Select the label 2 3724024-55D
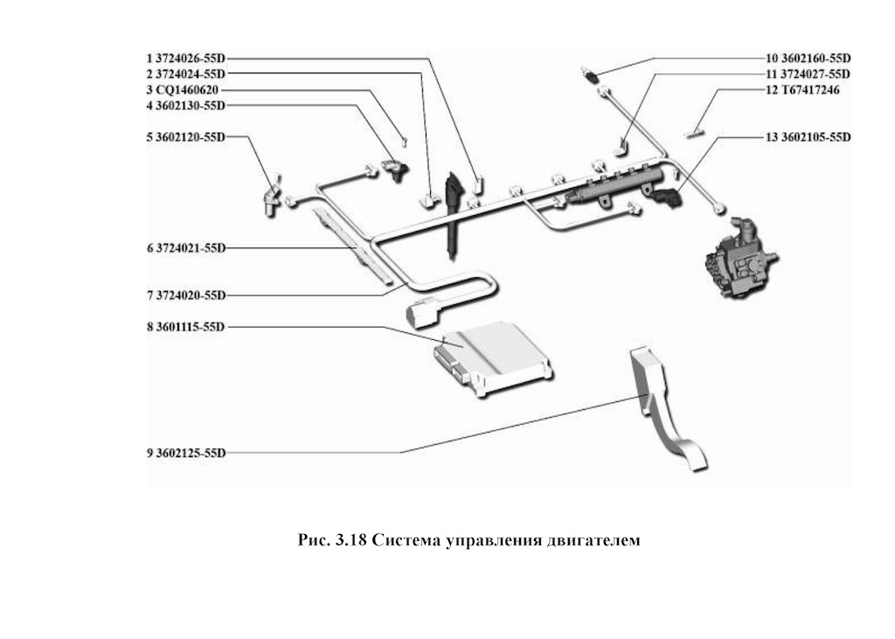pyautogui.click(x=186, y=74)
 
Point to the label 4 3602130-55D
pyautogui.click(x=186, y=106)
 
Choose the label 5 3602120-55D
pyautogui.click(x=186, y=137)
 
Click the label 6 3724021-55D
pyautogui.click(x=186, y=248)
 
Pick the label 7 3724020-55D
pyautogui.click(x=186, y=295)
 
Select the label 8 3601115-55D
pyautogui.click(x=186, y=327)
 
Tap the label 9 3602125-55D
pyautogui.click(x=186, y=453)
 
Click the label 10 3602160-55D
pyautogui.click(x=808, y=59)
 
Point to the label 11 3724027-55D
pyautogui.click(x=808, y=74)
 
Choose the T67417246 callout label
pyautogui.click(x=803, y=90)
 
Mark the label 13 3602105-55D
pyautogui.click(x=808, y=137)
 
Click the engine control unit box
pyautogui.click(x=494, y=358)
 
